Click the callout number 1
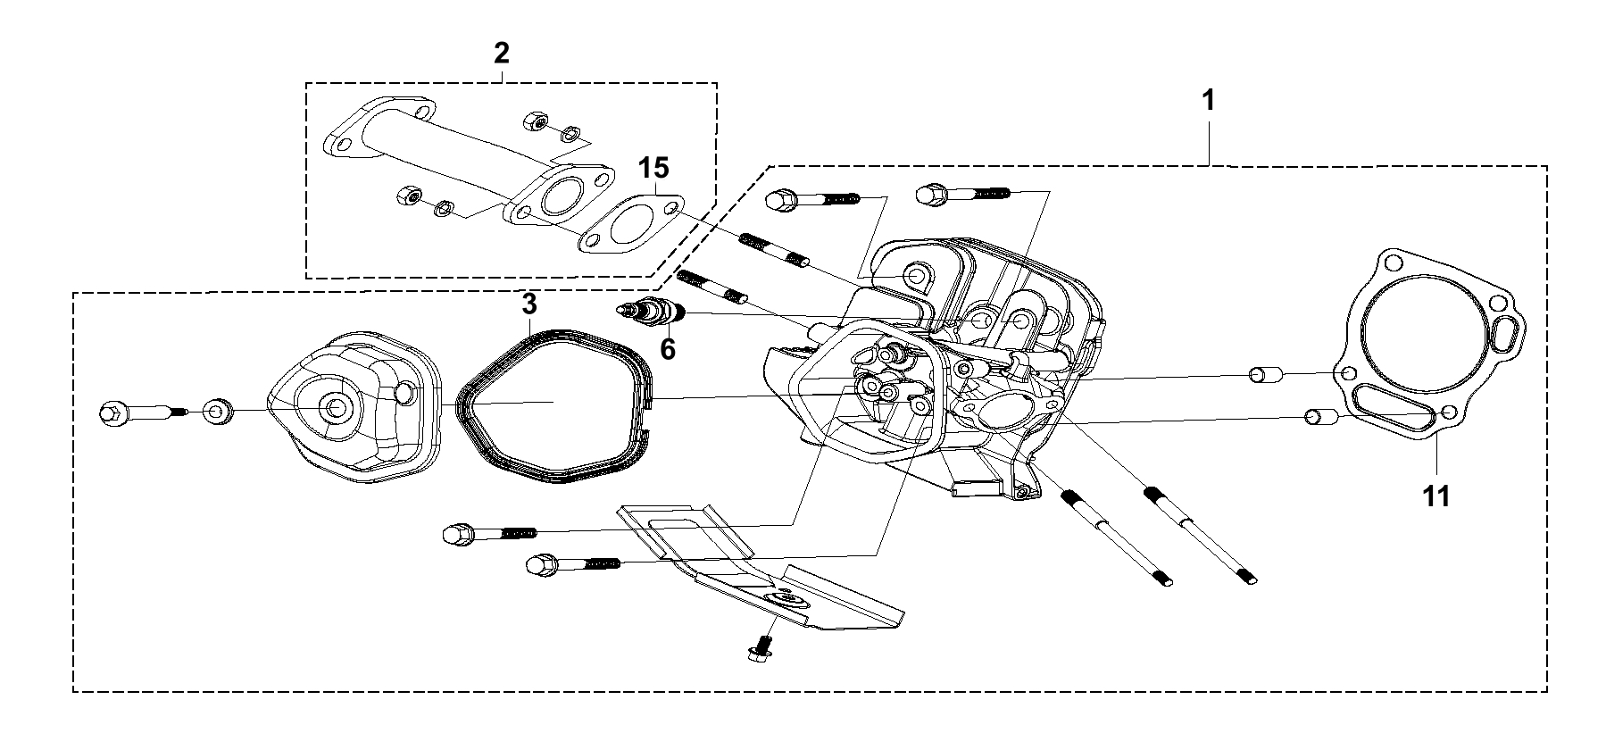pyautogui.click(x=1209, y=101)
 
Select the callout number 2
pyautogui.click(x=502, y=53)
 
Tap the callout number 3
pyautogui.click(x=529, y=304)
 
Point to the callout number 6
pyautogui.click(x=668, y=349)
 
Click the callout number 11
pyautogui.click(x=1436, y=496)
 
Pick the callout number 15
pyautogui.click(x=653, y=168)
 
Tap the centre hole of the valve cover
pyautogui.click(x=336, y=408)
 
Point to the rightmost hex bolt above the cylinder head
pyautogui.click(x=965, y=193)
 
